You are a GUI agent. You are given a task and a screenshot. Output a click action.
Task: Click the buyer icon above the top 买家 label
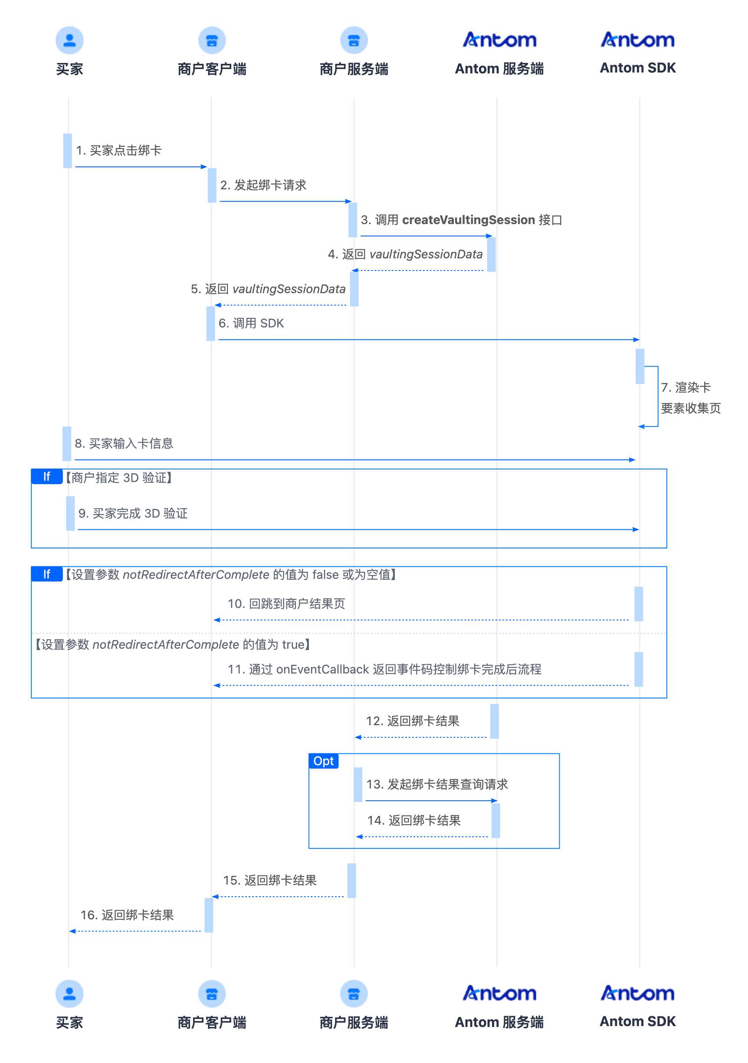coord(69,40)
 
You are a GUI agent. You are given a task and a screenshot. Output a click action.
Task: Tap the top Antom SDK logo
coord(637,40)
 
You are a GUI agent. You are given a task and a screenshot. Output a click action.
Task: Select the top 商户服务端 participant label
coord(354,69)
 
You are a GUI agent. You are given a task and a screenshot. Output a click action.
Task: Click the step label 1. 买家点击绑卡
coord(118,151)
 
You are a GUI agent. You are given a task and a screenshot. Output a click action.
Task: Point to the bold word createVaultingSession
coord(469,220)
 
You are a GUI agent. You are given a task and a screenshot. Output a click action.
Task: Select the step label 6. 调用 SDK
coord(251,323)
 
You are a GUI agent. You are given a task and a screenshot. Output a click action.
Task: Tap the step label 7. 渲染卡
coord(686,387)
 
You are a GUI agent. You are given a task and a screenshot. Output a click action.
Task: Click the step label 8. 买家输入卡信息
coord(124,443)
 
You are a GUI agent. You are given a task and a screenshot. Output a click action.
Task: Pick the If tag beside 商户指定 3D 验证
coord(47,476)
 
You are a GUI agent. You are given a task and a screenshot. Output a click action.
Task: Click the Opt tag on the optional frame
coord(323,761)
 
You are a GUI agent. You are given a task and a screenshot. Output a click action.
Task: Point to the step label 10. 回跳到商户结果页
coord(286,604)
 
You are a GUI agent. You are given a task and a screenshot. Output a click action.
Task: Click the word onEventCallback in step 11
coord(322,670)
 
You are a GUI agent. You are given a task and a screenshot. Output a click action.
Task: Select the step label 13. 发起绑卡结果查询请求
coord(437,784)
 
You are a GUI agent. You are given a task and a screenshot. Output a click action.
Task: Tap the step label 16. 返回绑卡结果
coord(127,915)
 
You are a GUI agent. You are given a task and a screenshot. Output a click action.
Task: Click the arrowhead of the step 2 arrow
coord(349,201)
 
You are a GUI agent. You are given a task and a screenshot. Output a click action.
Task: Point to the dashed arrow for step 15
coord(278,897)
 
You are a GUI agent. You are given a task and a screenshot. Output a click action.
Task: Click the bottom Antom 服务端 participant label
coord(499,1022)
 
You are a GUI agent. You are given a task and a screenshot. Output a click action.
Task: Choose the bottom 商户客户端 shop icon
coord(212,994)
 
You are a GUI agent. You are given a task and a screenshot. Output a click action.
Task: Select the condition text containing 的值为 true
coord(173,644)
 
